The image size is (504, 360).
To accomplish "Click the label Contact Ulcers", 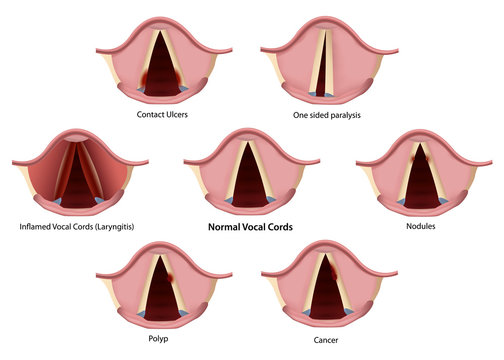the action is pos(163,115).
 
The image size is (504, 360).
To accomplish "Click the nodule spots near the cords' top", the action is pos(413,158).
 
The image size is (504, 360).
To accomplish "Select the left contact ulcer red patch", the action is pos(145,78).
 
